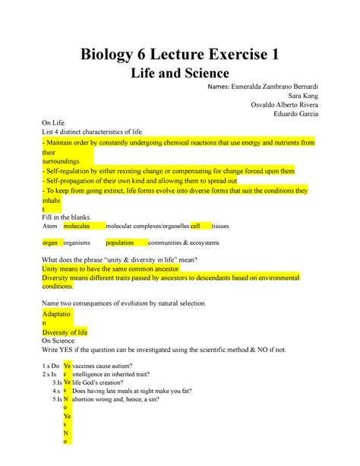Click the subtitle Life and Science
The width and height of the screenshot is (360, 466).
point(180,75)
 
